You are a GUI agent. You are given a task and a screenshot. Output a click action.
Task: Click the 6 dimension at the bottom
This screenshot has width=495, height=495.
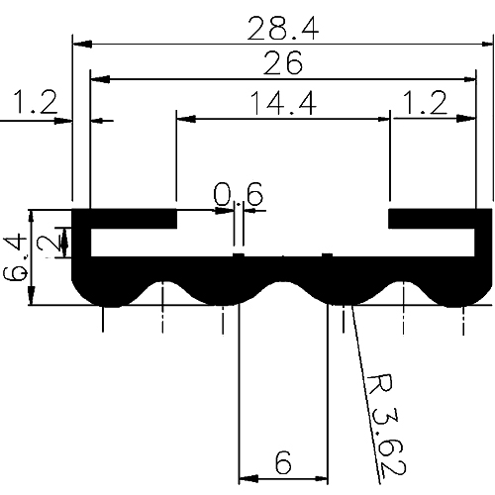tap(283, 462)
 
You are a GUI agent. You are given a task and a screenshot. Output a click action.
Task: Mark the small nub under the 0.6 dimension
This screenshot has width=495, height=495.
tap(239, 255)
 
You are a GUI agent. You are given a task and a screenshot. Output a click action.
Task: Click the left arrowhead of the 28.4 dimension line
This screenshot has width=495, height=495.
tap(79, 43)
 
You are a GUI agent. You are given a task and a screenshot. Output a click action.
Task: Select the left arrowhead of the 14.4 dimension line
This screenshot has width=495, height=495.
tap(182, 118)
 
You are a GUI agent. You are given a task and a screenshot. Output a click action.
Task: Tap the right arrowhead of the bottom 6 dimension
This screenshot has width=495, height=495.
tap(323, 480)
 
